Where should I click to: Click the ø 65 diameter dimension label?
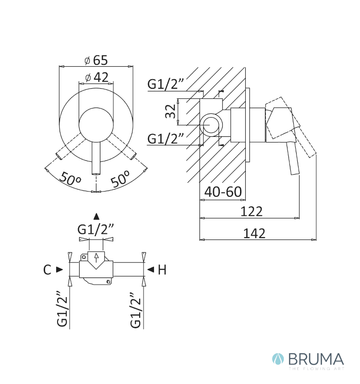pos(96,60)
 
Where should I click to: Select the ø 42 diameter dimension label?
pos(97,77)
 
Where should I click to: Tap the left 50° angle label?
pos(70,179)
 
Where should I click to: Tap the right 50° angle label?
pos(120,178)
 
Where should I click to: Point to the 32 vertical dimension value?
pos(170,111)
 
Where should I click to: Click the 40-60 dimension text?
pos(223,192)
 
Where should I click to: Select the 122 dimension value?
pos(252,211)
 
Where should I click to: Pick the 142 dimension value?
pos(254,233)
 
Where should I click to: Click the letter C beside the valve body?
pos(47,270)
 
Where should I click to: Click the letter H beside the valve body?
pos(162,270)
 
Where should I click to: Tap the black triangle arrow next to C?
pos(60,270)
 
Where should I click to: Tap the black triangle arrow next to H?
pos(151,270)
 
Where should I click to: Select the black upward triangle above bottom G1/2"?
pos(96,216)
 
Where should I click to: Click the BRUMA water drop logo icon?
pos(278,360)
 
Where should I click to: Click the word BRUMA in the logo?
pos(316,359)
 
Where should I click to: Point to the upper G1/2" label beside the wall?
pos(165,84)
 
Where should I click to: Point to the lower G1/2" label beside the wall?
pos(165,138)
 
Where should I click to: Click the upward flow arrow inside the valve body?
pos(96,258)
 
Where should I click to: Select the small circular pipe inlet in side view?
pos(210,125)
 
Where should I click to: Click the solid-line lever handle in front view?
pos(96,158)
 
